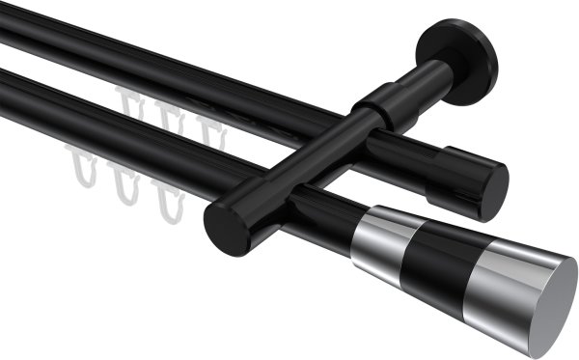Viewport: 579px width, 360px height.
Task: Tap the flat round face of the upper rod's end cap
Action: pos(493,190)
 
